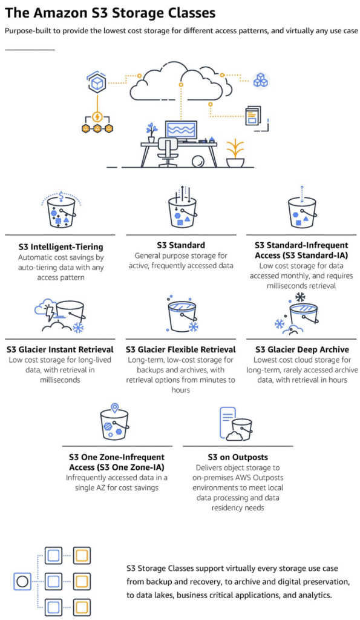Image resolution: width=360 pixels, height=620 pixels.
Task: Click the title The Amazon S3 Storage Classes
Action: tap(110, 13)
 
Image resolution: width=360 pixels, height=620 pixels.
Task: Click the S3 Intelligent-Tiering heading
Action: tap(61, 247)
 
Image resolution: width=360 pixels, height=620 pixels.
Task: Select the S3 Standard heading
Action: tap(181, 245)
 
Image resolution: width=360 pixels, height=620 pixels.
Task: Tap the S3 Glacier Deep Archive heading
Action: tap(303, 349)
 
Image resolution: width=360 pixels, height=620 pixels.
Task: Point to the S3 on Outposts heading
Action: tap(238, 457)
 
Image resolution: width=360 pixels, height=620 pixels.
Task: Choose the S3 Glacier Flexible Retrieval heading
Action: tap(180, 349)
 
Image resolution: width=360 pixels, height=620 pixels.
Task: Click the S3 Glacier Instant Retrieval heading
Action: tap(60, 349)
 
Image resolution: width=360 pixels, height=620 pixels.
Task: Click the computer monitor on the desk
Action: tap(181, 131)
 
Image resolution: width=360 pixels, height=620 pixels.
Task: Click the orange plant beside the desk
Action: tap(235, 153)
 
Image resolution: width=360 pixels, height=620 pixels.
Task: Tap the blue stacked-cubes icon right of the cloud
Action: tap(260, 81)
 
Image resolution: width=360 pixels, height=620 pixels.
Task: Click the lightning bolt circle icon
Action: tap(97, 117)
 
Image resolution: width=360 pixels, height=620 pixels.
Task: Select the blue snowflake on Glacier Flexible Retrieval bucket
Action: tap(193, 326)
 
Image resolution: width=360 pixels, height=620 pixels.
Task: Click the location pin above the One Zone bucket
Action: tap(114, 407)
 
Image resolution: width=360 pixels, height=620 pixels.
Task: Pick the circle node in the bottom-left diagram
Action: tap(22, 581)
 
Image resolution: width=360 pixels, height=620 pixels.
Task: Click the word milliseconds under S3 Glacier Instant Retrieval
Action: tap(60, 380)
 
